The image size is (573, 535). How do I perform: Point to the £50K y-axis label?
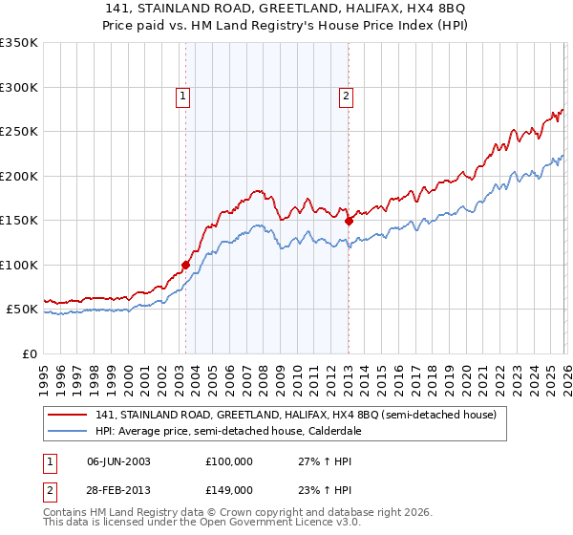(22, 310)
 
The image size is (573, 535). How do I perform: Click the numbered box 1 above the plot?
(181, 96)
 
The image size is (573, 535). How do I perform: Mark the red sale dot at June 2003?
(185, 265)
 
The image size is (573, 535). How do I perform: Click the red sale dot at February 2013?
(349, 221)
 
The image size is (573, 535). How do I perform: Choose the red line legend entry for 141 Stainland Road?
(295, 416)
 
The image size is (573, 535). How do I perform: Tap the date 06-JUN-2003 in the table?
(118, 461)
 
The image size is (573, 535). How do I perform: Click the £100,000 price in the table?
(228, 461)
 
